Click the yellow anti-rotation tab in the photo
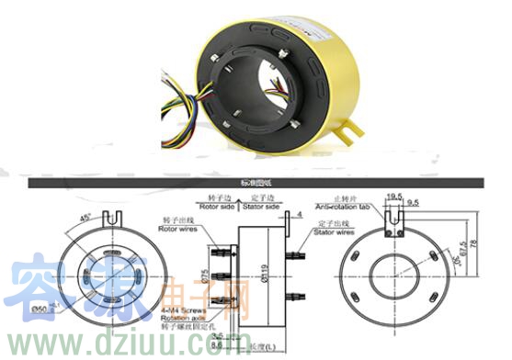[x=347, y=132]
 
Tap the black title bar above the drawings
[x=257, y=183]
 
